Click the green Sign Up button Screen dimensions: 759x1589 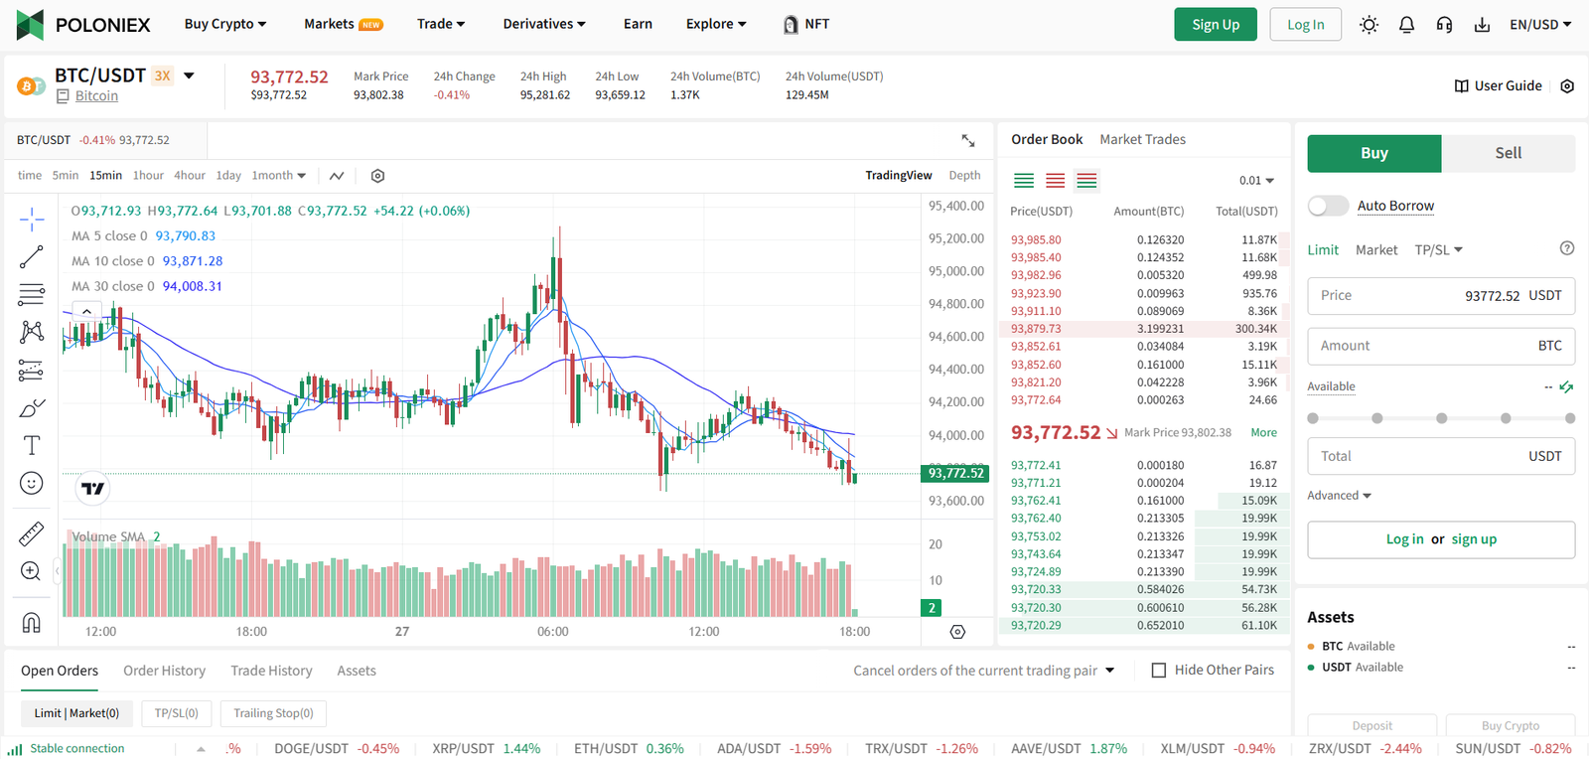[1216, 25]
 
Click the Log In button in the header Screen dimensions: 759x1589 [1305, 25]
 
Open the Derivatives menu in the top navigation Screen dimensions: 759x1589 [543, 24]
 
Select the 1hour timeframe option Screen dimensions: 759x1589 [148, 175]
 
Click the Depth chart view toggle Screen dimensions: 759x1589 [963, 175]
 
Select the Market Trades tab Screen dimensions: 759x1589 [1142, 139]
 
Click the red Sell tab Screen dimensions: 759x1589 [1508, 153]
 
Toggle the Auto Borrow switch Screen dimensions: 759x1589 [1328, 206]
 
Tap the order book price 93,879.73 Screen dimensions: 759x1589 [1036, 329]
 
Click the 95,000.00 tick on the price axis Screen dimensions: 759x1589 [955, 271]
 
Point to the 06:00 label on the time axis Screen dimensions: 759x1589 [552, 632]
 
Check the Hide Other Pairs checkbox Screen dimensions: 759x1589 [1158, 671]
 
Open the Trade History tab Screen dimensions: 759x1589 [271, 671]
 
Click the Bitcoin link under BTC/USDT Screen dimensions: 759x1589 [96, 96]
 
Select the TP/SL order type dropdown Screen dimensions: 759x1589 [1438, 250]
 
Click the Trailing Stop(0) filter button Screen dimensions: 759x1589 [273, 713]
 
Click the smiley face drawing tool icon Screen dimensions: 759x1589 [32, 484]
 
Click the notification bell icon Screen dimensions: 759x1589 [1406, 25]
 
